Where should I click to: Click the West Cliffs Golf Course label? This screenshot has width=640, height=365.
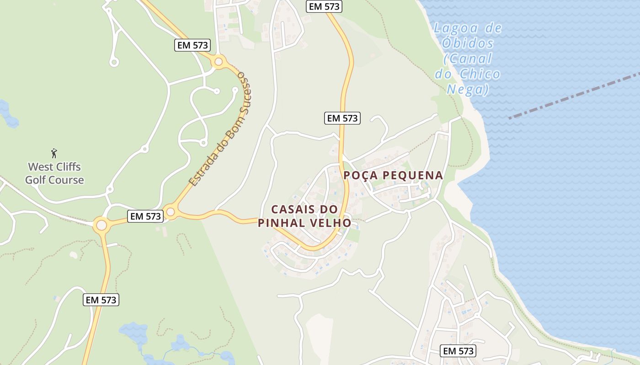click(54, 173)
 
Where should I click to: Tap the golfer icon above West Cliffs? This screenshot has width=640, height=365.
click(54, 153)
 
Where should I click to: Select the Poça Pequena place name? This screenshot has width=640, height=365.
click(393, 175)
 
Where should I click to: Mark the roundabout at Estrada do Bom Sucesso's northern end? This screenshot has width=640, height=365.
click(219, 61)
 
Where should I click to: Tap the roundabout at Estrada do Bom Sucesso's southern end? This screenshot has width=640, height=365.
click(171, 212)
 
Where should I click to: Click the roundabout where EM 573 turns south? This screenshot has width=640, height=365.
click(101, 225)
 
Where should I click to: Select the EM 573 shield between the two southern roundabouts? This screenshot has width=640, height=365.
click(145, 216)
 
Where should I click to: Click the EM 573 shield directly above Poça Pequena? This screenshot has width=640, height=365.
click(342, 118)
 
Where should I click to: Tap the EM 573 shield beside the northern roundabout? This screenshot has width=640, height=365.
click(192, 45)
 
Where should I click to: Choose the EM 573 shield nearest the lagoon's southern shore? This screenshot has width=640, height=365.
click(459, 351)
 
